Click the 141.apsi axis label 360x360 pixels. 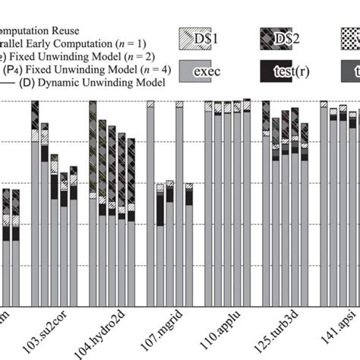pos(336,333)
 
